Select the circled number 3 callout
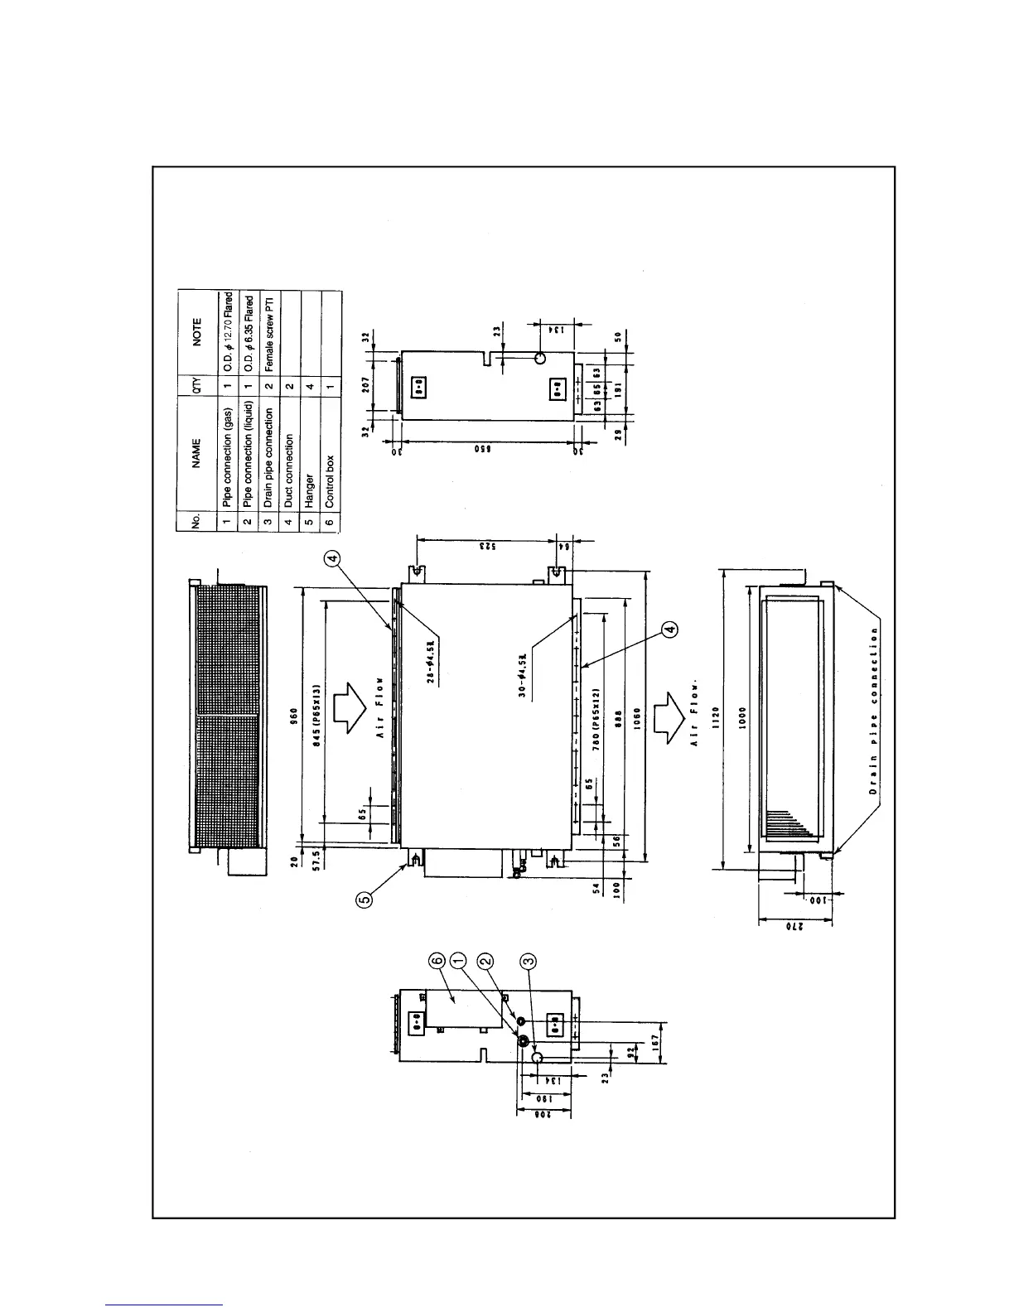coord(528,961)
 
